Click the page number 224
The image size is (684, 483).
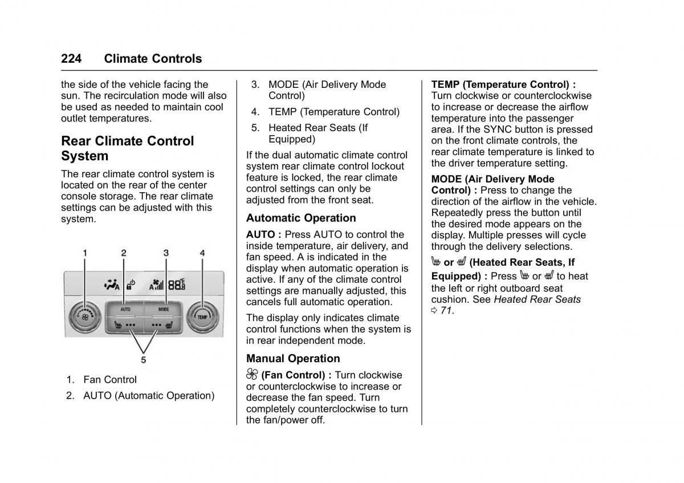[71, 59]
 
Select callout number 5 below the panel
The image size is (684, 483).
[144, 359]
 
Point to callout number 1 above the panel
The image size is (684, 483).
[85, 253]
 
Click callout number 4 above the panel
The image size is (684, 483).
[202, 253]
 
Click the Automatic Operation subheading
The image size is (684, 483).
[301, 218]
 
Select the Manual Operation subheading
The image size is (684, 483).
[293, 359]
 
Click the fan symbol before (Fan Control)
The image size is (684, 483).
[252, 375]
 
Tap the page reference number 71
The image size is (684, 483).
[446, 311]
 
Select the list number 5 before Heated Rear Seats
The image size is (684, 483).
[255, 128]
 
